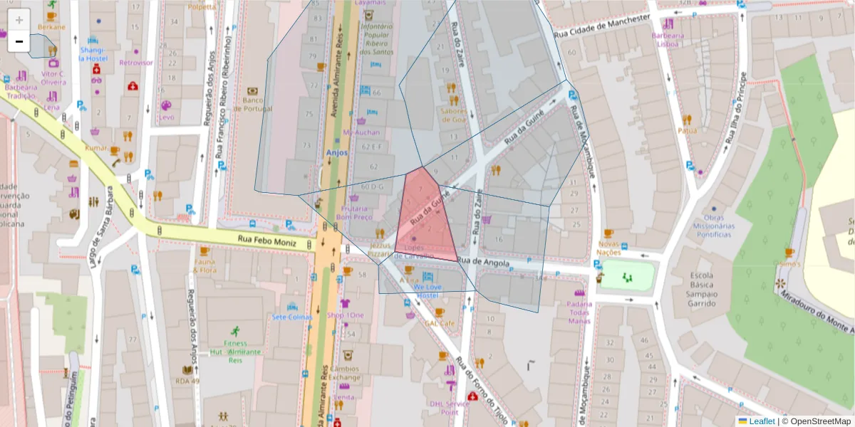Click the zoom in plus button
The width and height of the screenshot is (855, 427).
[19, 20]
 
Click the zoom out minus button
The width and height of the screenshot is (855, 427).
[19, 42]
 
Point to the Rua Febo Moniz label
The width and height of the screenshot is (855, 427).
[266, 241]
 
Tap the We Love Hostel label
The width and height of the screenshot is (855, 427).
[427, 290]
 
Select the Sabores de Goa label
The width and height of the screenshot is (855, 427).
[453, 115]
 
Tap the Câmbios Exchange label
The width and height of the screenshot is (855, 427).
[344, 373]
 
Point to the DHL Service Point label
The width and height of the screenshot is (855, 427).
[449, 408]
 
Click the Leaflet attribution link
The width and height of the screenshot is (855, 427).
[761, 421]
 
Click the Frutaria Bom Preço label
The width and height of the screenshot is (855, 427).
[354, 213]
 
